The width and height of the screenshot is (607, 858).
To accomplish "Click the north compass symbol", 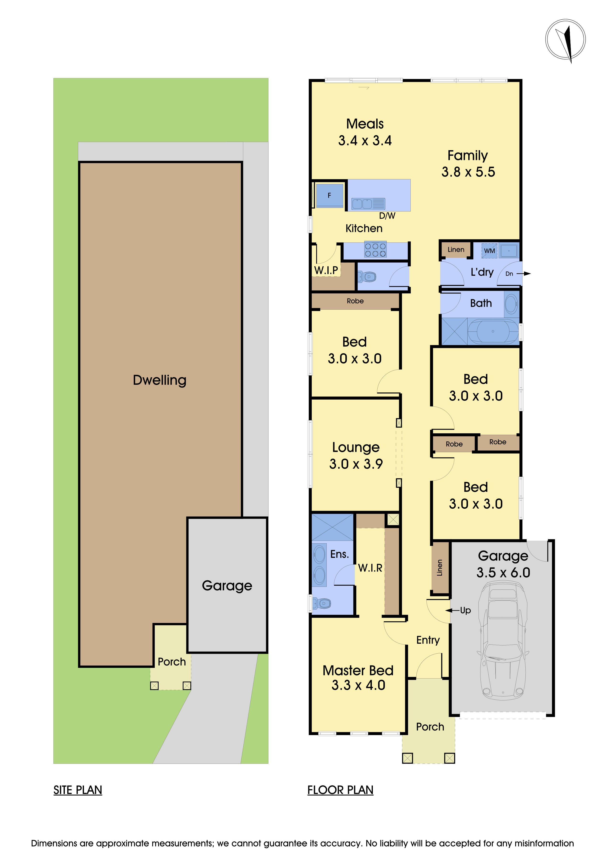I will (x=565, y=40).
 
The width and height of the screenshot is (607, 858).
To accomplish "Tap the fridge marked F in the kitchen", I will (x=329, y=195).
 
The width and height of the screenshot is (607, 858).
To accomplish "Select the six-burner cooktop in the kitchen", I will (x=375, y=250).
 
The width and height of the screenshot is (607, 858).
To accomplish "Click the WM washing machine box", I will (x=489, y=251).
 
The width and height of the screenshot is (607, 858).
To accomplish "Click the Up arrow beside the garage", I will (x=453, y=610).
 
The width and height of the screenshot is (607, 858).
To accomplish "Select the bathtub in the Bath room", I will (x=493, y=331).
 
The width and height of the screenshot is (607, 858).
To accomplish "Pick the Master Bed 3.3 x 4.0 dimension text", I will (x=358, y=685).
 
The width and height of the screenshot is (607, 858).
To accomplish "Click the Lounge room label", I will (x=356, y=447).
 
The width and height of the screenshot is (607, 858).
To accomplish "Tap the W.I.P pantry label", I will (x=326, y=270).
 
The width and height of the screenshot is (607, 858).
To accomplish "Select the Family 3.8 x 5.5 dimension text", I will (x=468, y=172).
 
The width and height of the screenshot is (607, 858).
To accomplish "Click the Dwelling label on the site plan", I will (x=160, y=380).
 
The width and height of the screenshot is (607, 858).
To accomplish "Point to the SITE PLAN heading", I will (x=78, y=790).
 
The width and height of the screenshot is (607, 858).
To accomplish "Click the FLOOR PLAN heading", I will (x=340, y=790).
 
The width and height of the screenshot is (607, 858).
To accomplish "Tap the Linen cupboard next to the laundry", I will (x=456, y=250).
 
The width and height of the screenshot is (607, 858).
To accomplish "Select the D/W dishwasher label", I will (x=387, y=216).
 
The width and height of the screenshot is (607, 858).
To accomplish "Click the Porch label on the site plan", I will (x=171, y=662).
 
